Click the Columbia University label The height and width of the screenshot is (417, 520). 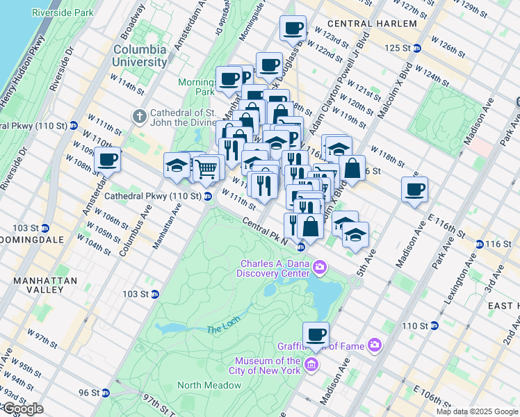coord(140,56)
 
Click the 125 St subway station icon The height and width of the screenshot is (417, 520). coord(416,48)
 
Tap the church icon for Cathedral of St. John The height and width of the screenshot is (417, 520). coord(139,115)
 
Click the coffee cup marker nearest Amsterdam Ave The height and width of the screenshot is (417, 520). coord(107,160)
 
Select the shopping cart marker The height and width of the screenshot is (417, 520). coord(206,167)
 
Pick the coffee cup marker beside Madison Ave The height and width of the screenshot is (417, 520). coord(414,189)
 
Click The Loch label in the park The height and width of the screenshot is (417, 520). coord(223,329)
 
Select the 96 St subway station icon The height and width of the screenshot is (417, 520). coord(106,393)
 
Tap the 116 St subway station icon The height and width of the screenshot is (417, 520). coord(479,245)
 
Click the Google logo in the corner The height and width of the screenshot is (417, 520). coord(22,409)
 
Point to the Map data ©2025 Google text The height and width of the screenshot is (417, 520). coord(477,411)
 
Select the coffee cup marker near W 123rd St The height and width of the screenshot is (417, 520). coord(293,28)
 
